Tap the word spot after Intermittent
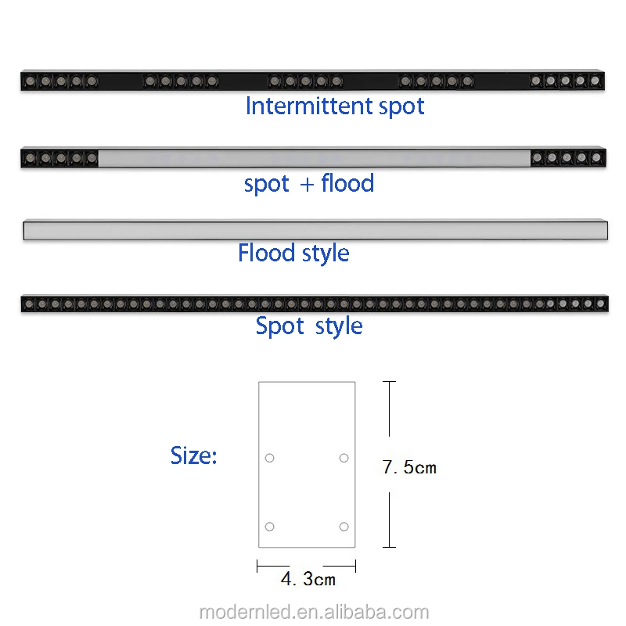(401, 106)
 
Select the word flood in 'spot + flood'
(347, 183)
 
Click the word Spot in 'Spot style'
(279, 326)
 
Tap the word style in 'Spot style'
(339, 326)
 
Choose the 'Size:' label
(193, 455)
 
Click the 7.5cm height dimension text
(409, 467)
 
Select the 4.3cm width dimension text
(308, 579)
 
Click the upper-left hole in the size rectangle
(269, 458)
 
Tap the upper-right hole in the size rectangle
(344, 458)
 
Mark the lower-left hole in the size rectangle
(269, 527)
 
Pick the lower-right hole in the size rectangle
(344, 527)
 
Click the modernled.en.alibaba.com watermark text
(314, 612)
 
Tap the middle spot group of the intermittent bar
(305, 81)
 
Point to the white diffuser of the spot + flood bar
(313, 158)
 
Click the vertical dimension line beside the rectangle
(389, 423)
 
